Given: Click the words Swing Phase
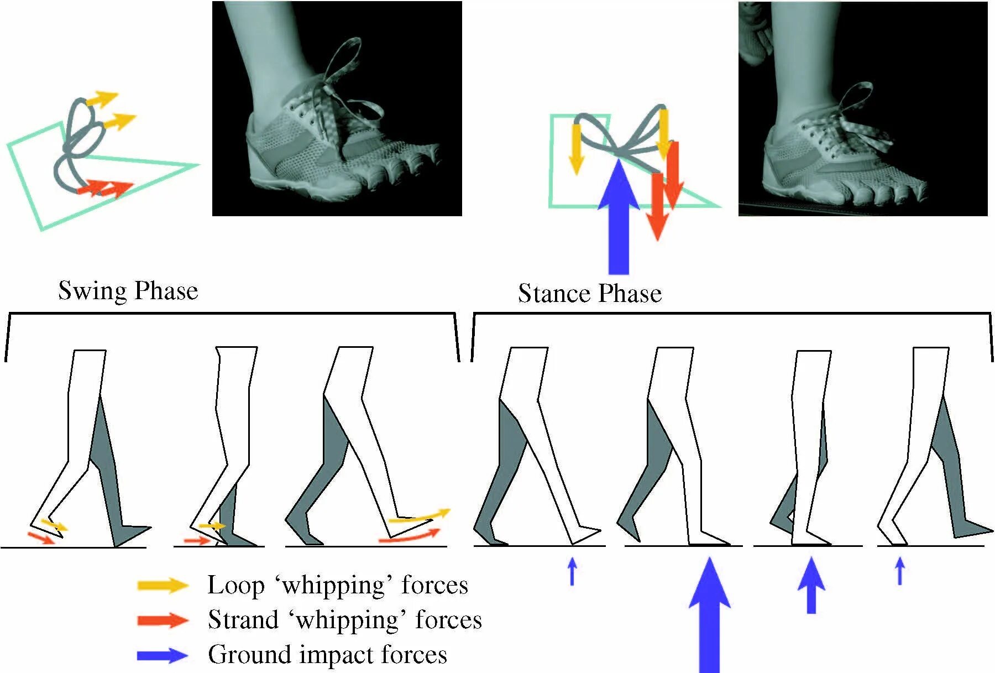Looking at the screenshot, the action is point(128,290).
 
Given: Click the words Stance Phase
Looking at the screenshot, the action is point(589,293).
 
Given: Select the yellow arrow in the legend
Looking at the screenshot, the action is point(163,585).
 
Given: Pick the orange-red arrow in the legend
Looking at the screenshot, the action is point(163,620).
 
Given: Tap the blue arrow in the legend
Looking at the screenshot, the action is point(163,655).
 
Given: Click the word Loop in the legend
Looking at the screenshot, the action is point(235,586).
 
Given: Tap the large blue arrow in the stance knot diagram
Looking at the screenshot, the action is point(619,221).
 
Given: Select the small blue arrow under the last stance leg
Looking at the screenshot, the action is point(900,571).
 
